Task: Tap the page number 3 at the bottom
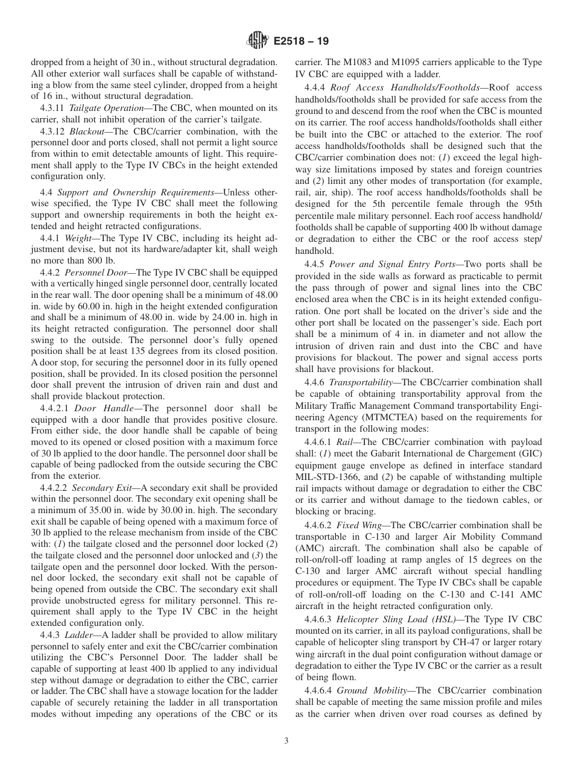(x=286, y=741)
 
